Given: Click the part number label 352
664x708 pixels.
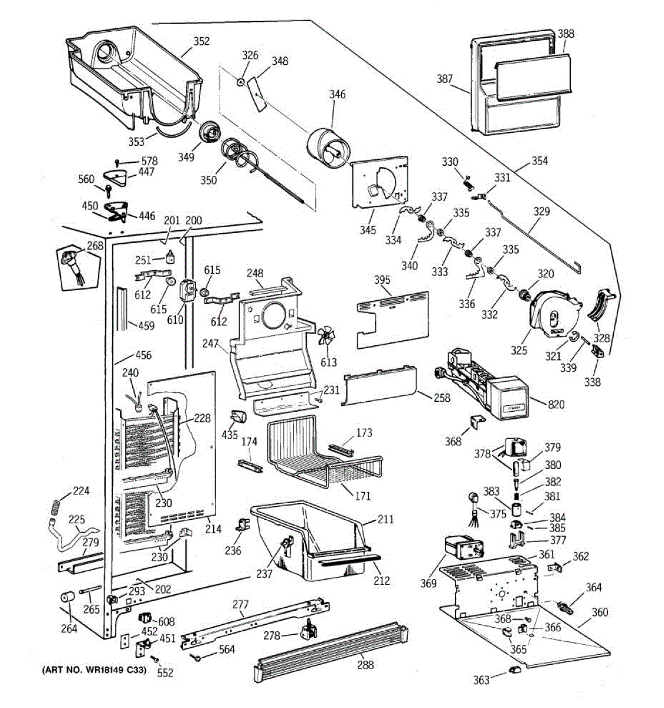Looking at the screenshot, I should tap(201, 41).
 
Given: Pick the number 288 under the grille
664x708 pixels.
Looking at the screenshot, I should tap(365, 665).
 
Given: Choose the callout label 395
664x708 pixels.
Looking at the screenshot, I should tap(382, 278).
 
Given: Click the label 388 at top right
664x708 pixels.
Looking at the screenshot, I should tap(565, 34).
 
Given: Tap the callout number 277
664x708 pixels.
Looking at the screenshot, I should tap(240, 604).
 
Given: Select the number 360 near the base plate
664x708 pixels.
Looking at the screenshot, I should tap(599, 612).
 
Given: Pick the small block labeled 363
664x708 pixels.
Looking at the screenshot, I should tap(514, 670).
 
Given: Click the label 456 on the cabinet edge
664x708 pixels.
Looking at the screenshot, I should tap(143, 355).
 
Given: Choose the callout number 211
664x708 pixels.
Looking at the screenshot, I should tap(385, 520).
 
